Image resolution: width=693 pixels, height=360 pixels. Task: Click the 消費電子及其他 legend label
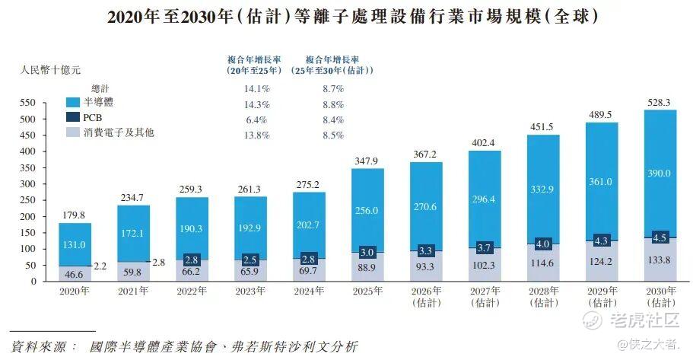point(122,133)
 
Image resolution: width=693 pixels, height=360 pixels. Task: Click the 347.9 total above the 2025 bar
point(367,161)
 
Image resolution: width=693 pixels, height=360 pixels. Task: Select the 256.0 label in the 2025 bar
point(367,211)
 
